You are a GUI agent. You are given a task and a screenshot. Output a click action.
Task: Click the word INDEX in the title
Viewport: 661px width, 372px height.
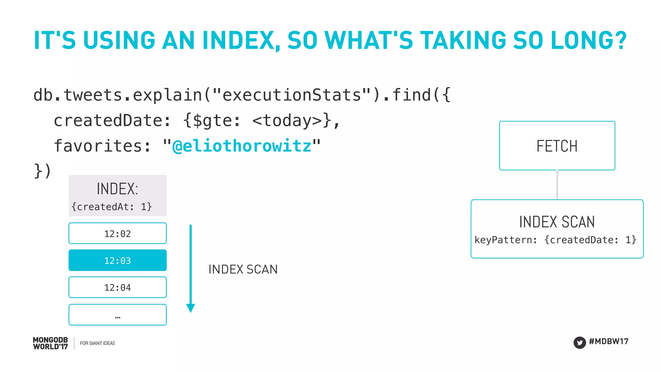(x=238, y=40)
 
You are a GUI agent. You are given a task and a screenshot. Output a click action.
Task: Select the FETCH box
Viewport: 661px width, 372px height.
(x=557, y=146)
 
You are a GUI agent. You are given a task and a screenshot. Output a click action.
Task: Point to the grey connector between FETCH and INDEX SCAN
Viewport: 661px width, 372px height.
(x=557, y=185)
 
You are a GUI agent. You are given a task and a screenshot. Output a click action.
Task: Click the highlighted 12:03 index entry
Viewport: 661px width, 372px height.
(x=117, y=260)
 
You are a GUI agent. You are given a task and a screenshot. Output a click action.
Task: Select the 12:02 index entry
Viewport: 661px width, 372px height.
(x=117, y=233)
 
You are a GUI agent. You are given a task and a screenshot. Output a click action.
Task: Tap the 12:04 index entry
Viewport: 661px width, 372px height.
(x=117, y=287)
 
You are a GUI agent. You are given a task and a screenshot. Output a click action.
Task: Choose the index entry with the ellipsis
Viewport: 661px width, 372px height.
(x=117, y=315)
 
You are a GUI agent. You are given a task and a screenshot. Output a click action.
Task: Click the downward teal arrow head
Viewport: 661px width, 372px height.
(x=191, y=308)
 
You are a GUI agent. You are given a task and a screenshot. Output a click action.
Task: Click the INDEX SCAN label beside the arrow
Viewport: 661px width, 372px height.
(x=243, y=269)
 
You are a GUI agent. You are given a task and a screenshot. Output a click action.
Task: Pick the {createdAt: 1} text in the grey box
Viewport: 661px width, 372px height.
(x=112, y=207)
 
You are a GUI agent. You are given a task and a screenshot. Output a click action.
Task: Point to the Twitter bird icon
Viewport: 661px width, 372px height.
(x=579, y=342)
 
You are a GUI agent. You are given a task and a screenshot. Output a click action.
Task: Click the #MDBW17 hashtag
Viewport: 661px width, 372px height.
(x=608, y=341)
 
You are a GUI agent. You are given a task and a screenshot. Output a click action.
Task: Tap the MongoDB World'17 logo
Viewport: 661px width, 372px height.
(x=50, y=343)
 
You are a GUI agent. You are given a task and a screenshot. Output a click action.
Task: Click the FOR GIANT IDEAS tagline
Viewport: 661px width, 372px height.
(x=97, y=343)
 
